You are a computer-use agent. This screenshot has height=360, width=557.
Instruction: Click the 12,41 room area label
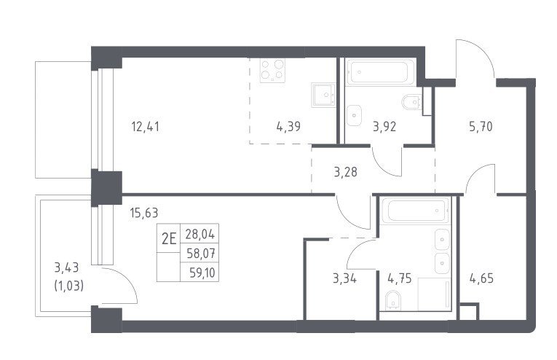pyautogui.click(x=146, y=126)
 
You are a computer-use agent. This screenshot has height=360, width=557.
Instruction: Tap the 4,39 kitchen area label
pyautogui.click(x=288, y=126)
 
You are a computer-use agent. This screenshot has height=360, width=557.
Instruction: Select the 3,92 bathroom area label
pyautogui.click(x=384, y=126)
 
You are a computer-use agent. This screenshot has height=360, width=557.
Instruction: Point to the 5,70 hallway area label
pyautogui.click(x=481, y=126)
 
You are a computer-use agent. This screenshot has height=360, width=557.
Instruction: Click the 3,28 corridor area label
pyautogui.click(x=346, y=172)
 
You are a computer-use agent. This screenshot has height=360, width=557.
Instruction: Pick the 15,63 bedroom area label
pyautogui.click(x=144, y=213)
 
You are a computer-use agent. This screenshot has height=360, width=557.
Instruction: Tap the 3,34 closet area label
pyautogui.click(x=344, y=278)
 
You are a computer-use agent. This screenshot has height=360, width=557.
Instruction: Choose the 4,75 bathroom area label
pyautogui.click(x=400, y=278)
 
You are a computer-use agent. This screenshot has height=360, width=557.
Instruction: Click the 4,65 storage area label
pyautogui.click(x=481, y=278)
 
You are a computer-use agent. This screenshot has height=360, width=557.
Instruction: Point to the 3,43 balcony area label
pyautogui.click(x=66, y=267)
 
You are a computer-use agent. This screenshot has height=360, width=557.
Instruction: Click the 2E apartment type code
pyautogui.click(x=169, y=239)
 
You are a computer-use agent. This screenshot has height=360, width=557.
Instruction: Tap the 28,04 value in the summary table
pyautogui.click(x=200, y=234)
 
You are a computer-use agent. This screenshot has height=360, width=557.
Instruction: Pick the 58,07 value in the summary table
pyautogui.click(x=200, y=254)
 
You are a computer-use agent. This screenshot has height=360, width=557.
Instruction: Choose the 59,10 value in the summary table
pyautogui.click(x=202, y=273)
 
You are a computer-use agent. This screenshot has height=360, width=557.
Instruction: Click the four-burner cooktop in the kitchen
pyautogui.click(x=272, y=71)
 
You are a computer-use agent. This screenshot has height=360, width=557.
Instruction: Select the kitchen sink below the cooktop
pyautogui.click(x=323, y=95)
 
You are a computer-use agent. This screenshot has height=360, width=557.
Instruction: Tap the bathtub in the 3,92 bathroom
pyautogui.click(x=381, y=72)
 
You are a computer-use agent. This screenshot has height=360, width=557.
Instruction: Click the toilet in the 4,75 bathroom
pyautogui.click(x=392, y=300)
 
